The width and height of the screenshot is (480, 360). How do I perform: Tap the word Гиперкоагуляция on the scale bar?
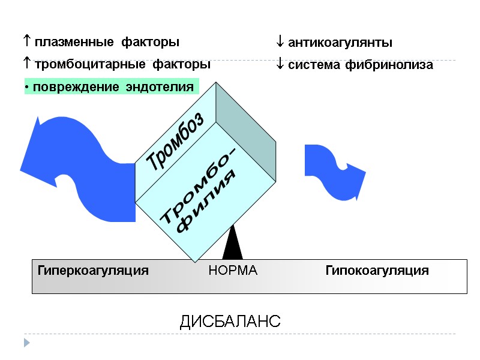point(93,271)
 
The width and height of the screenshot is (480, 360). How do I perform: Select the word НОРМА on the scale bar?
point(233,271)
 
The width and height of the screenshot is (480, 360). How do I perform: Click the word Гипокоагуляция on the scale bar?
point(377,271)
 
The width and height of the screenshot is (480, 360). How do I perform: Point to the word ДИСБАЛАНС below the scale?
point(230,322)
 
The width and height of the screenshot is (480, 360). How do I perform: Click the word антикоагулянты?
point(340,43)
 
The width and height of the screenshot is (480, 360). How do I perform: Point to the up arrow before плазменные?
point(27,42)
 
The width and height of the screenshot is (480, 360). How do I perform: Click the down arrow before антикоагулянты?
point(280,43)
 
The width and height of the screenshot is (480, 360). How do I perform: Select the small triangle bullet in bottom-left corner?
point(26,343)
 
